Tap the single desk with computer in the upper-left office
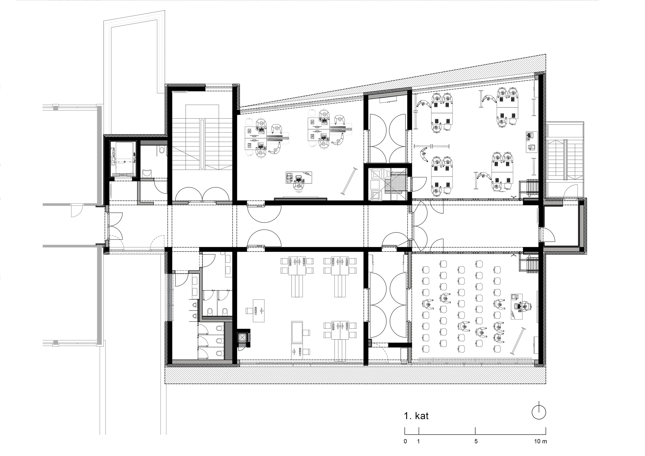click(299, 177)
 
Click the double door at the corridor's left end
click(115, 226)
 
